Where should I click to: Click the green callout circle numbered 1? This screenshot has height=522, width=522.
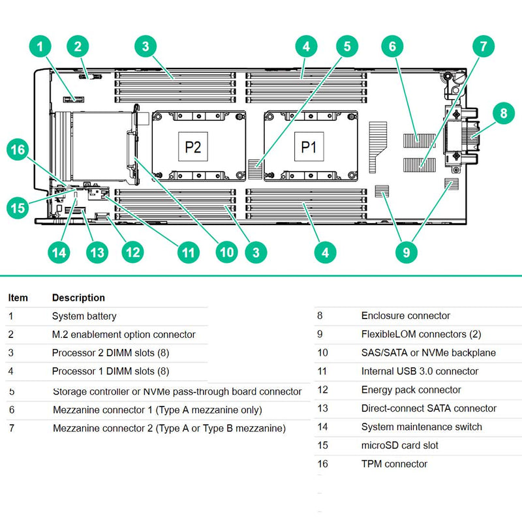click(x=40, y=46)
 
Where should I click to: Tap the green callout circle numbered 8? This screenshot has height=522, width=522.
click(x=502, y=113)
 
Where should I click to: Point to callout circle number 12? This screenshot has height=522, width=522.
click(x=133, y=252)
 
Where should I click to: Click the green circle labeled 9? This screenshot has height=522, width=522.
click(x=407, y=252)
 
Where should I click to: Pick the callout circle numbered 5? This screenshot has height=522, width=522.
click(x=347, y=46)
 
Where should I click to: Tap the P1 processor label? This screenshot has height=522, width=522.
click(x=308, y=146)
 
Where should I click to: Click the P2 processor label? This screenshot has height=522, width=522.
click(x=193, y=146)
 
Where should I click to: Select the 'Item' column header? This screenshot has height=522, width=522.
click(x=18, y=298)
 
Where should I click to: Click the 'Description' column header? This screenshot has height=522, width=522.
click(x=78, y=298)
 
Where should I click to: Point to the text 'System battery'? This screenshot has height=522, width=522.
click(x=84, y=316)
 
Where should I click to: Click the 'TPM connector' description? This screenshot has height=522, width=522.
click(x=394, y=464)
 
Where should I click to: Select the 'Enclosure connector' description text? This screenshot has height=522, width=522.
click(x=405, y=316)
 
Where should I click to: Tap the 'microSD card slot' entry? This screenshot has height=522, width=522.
click(x=399, y=446)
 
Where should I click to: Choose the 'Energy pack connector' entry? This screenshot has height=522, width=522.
click(x=411, y=390)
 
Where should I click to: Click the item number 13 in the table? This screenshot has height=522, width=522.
click(x=322, y=408)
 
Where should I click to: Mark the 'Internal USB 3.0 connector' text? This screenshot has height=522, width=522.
click(x=420, y=371)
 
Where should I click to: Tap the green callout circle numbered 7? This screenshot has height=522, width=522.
click(x=483, y=46)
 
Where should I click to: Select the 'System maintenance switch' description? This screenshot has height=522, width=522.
click(x=422, y=427)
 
